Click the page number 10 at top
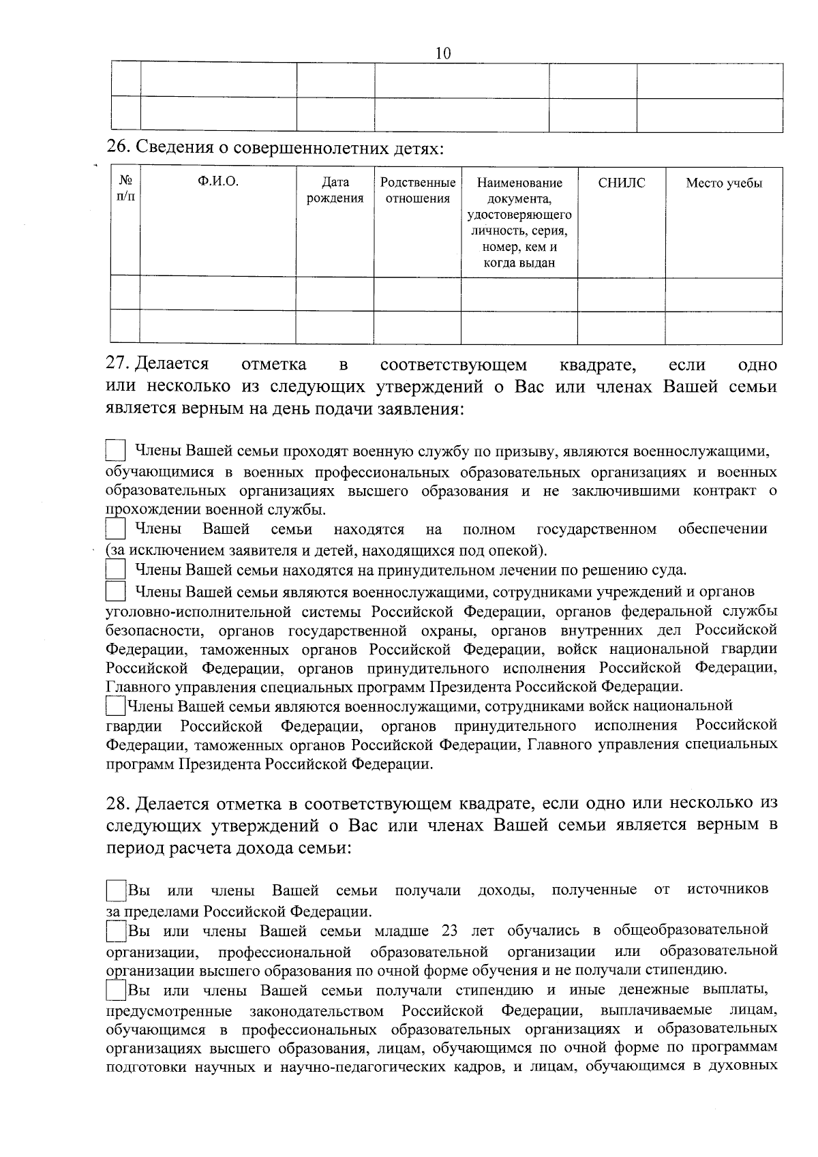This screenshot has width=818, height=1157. [443, 53]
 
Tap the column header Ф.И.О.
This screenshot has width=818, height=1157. [218, 182]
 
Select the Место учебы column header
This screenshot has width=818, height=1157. [723, 183]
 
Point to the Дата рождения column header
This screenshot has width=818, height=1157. [335, 190]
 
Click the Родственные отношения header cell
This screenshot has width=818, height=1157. [417, 190]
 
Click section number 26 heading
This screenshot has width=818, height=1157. [119, 147]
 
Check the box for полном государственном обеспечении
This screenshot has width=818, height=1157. [116, 530]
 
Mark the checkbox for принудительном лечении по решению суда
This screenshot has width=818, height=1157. [116, 570]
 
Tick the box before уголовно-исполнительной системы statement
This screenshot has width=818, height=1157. [116, 590]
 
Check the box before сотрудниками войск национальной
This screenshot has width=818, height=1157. [116, 705]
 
